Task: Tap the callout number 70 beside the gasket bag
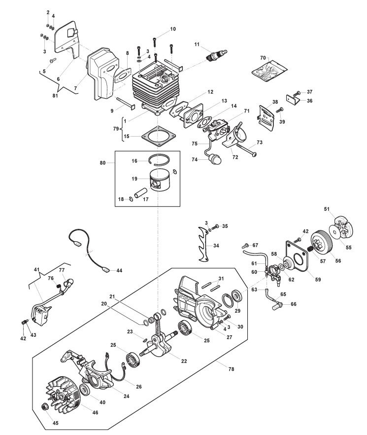[263, 58]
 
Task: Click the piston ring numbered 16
[159, 159]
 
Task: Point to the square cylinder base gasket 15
[159, 137]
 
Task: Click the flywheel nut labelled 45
[44, 407]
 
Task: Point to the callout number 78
[231, 369]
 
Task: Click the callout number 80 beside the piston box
[102, 163]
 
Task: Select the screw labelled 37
[297, 92]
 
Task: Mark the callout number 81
[55, 96]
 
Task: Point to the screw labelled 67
[245, 245]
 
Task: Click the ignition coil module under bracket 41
[41, 314]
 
